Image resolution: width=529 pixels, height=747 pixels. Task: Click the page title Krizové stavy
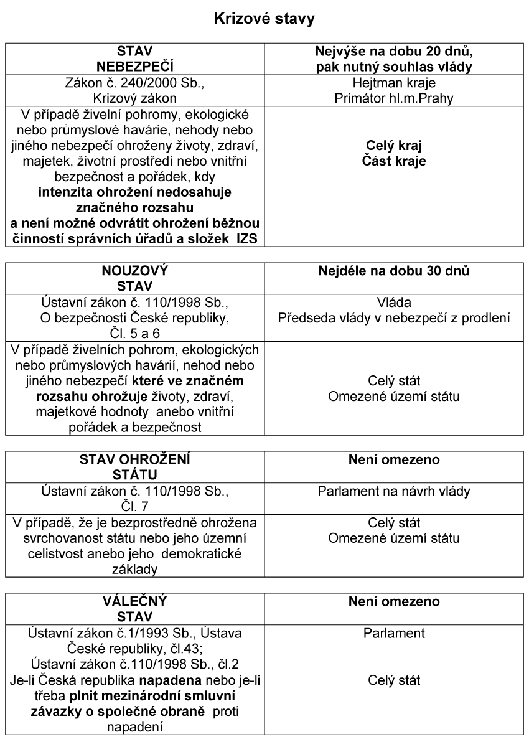[x=264, y=19]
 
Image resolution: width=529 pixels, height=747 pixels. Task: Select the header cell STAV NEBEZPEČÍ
[x=135, y=59]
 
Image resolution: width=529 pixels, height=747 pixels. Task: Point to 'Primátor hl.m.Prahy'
[x=395, y=97]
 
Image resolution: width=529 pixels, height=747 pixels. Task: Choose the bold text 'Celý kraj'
[x=395, y=148]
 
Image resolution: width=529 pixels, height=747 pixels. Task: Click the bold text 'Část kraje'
[x=395, y=161]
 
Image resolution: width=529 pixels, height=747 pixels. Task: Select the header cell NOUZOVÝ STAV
[x=135, y=278]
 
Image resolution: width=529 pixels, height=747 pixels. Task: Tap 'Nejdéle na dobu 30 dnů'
[x=395, y=271]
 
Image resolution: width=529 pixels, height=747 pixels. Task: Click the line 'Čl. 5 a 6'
[x=135, y=330]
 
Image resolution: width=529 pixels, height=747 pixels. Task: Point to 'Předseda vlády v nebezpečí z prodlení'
[x=395, y=316]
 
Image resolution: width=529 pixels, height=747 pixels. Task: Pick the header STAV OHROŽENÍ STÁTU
[x=135, y=467]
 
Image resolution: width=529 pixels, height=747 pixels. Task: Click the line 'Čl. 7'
[x=135, y=505]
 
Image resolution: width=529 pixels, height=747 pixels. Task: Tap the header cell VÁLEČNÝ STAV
[x=135, y=609]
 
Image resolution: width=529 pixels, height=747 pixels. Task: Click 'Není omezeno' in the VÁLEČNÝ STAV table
[x=395, y=602]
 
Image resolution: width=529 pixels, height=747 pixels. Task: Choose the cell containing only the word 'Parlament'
[x=395, y=634]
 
